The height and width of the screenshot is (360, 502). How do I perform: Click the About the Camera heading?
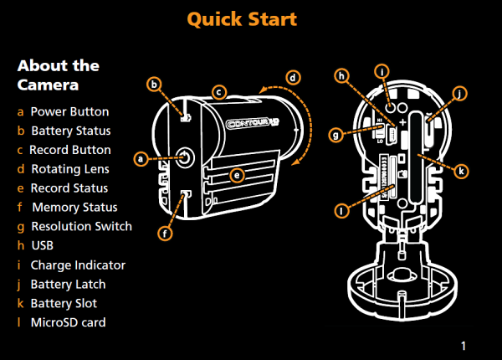(x=58, y=75)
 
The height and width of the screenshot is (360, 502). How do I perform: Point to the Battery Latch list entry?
(x=68, y=285)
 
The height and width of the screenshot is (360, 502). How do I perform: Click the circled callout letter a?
(x=141, y=157)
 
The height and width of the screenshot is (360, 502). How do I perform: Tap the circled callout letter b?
(x=153, y=84)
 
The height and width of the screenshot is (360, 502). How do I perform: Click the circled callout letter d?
(x=292, y=78)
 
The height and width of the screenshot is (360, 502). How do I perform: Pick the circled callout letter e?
(x=238, y=175)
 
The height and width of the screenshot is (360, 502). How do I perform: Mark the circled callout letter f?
(x=165, y=234)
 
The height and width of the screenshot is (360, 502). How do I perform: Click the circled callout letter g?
(x=336, y=133)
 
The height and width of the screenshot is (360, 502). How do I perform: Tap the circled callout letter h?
(x=342, y=76)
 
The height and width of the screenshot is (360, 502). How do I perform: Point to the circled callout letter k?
(x=462, y=170)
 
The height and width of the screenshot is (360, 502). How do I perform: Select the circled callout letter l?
(x=341, y=211)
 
